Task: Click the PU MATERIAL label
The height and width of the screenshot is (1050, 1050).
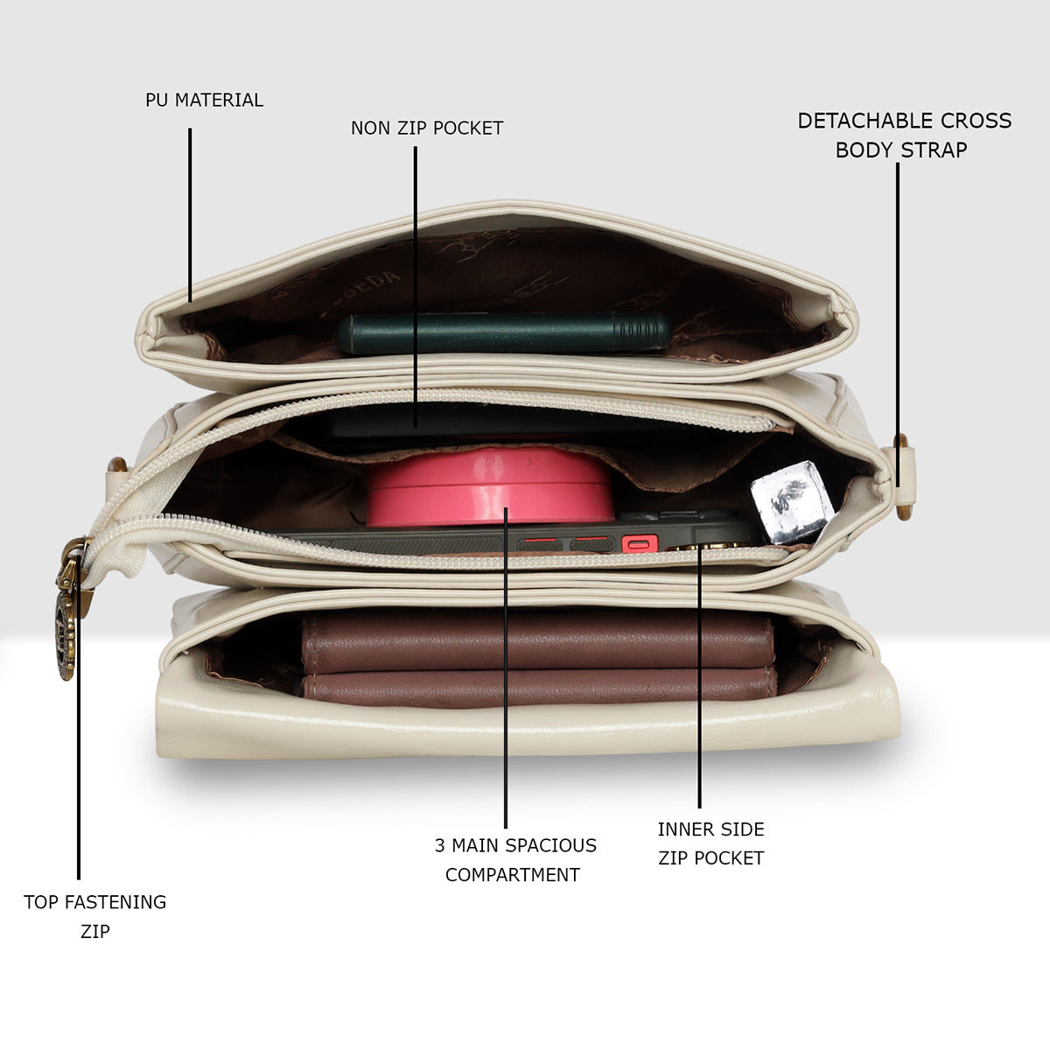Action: tap(205, 101)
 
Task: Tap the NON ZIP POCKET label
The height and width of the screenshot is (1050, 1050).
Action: tap(427, 128)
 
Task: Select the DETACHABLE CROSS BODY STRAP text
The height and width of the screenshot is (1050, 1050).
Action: tap(904, 135)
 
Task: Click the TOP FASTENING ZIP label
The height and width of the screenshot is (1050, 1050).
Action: tap(94, 916)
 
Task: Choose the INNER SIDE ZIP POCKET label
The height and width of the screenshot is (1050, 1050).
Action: tap(710, 844)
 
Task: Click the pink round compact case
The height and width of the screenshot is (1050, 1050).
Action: tap(490, 486)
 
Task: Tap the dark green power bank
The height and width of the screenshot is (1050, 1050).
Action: tap(504, 332)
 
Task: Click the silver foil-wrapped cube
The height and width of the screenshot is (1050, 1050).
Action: tap(792, 502)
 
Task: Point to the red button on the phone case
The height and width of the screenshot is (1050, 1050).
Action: tap(640, 543)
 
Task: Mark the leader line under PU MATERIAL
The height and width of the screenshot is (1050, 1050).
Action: tap(190, 214)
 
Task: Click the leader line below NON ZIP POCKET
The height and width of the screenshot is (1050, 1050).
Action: tap(416, 286)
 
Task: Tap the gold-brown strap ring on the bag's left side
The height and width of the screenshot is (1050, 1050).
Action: tap(116, 465)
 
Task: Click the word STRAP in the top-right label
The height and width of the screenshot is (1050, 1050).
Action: tap(934, 150)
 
